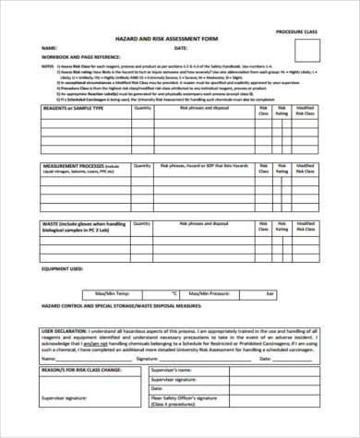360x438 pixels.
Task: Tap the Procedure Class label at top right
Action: [x=301, y=31]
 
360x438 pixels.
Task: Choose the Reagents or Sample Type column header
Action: [x=73, y=134]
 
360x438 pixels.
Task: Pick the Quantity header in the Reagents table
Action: [x=142, y=134]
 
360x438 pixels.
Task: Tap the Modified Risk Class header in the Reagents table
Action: [x=318, y=138]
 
